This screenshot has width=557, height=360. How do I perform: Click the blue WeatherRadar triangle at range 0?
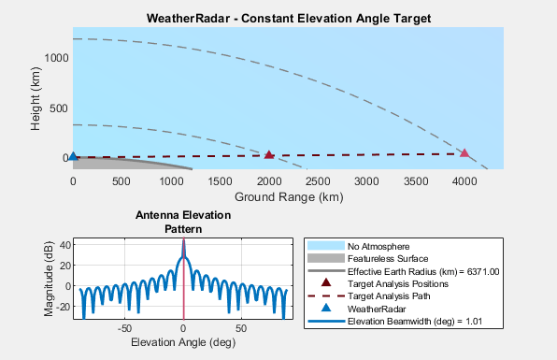click(x=73, y=157)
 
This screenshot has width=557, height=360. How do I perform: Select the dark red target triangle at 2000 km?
click(x=269, y=155)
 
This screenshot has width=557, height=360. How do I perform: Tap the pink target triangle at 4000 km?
click(x=464, y=153)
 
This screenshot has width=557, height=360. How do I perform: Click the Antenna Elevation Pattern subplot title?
click(x=183, y=222)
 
